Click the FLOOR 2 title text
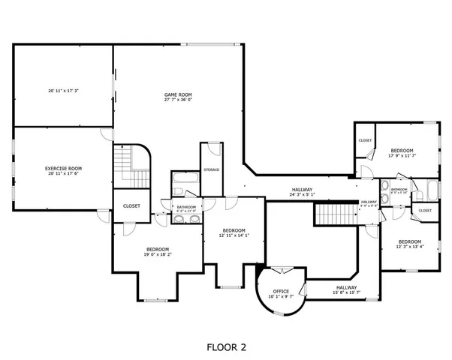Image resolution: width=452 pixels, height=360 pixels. click(x=226, y=347)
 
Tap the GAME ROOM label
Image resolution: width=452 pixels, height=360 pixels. click(x=179, y=96)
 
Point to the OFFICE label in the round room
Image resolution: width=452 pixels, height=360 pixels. click(x=282, y=292)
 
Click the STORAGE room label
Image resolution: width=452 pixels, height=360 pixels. click(x=211, y=169)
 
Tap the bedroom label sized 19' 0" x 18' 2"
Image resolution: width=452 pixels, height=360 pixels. click(x=158, y=251)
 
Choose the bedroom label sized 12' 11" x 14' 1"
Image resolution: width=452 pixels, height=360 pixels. click(x=234, y=232)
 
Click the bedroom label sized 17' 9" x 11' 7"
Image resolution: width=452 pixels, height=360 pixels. click(x=402, y=153)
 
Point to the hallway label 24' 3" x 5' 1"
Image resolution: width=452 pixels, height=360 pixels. click(x=303, y=192)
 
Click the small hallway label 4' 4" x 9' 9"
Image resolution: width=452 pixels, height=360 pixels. click(x=369, y=203)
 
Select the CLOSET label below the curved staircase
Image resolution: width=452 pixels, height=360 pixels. click(x=131, y=205)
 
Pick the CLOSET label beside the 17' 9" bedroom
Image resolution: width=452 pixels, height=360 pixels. click(x=365, y=140)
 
